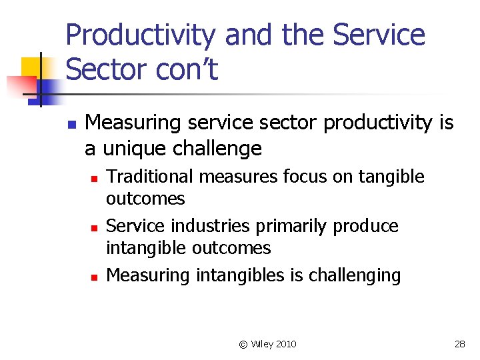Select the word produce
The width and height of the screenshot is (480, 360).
tap(366, 226)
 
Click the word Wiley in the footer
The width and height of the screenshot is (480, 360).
tap(263, 344)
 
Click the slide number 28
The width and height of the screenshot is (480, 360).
tap(459, 344)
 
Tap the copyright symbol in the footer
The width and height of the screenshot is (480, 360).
tap(243, 344)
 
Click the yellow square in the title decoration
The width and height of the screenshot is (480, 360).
tap(31, 67)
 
